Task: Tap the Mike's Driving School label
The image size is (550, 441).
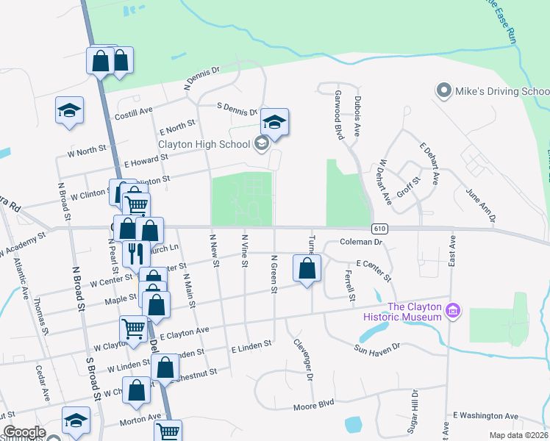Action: tap(501, 91)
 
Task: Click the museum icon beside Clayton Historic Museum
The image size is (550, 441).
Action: tap(454, 312)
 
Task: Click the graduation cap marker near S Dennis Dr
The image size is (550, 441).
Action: tap(274, 122)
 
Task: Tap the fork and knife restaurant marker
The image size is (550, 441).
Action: tap(135, 254)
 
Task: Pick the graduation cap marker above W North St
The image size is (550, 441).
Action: tap(69, 111)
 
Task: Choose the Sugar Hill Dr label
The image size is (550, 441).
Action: tap(413, 409)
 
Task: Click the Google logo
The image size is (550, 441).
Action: tap(24, 433)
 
